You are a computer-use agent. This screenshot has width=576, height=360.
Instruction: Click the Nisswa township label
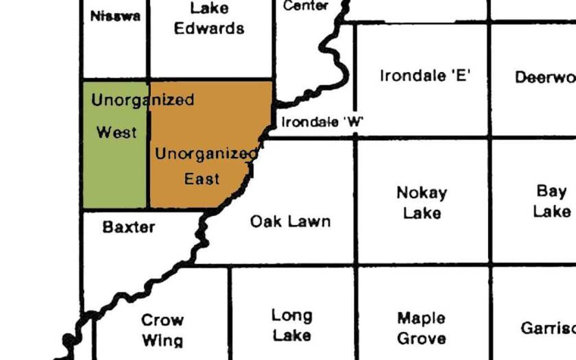[x=115, y=16]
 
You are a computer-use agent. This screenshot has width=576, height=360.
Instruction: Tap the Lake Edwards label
[x=208, y=19]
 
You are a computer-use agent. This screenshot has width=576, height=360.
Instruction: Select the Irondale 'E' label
[x=424, y=75]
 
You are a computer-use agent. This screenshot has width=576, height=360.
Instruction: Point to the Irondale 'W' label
[x=322, y=123]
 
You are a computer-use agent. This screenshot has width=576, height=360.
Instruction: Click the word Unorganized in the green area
[x=143, y=100]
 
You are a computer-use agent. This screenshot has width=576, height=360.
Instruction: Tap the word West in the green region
[x=117, y=132]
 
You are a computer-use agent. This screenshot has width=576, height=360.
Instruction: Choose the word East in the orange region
[x=202, y=179]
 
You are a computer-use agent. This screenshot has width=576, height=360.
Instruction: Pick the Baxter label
[x=129, y=226]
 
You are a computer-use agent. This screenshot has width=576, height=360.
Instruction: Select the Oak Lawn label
[x=290, y=221]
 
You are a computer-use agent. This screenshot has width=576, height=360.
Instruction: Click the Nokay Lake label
[x=422, y=203]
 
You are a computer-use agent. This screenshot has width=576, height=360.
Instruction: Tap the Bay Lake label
[x=552, y=201]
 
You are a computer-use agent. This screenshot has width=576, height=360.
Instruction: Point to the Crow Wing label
[x=163, y=330]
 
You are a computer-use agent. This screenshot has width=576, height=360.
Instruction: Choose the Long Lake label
[x=291, y=325]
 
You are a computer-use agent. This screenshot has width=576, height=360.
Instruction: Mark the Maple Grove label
[x=421, y=328]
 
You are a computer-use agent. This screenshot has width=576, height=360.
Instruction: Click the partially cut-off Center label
[x=306, y=6]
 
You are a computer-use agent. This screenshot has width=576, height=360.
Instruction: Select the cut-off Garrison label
[x=547, y=328]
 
